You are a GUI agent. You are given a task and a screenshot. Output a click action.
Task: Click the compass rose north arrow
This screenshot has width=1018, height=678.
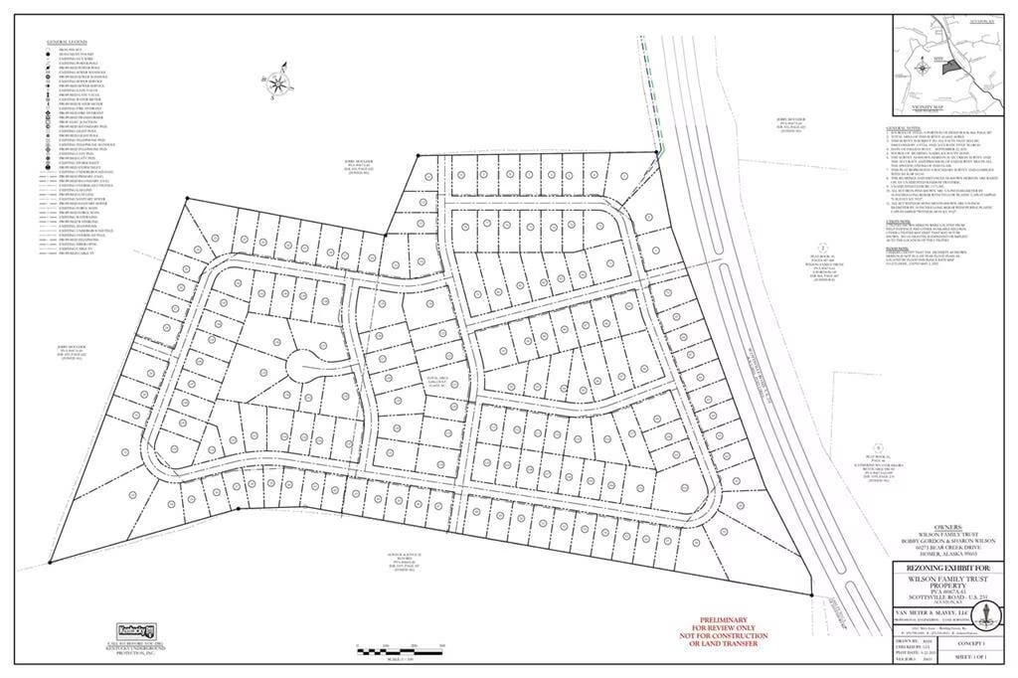278,82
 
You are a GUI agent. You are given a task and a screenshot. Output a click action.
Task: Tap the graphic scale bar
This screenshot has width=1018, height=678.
398,650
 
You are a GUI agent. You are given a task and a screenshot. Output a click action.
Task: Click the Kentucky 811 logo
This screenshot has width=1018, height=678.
140,631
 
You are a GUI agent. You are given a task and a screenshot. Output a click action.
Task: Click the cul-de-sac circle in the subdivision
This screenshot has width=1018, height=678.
306,367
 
